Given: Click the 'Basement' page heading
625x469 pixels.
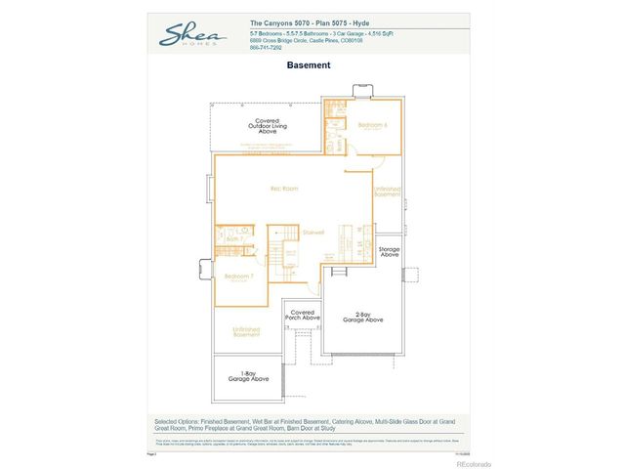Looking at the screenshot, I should coord(309,65).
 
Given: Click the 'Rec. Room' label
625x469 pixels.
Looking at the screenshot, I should coord(284,188).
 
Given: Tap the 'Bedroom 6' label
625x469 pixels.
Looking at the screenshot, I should coord(372,126).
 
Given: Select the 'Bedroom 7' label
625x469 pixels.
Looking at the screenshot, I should coord(238,277).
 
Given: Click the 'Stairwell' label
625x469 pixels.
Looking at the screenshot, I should coord(313,232).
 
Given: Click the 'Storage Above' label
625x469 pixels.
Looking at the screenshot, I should coord(389,251).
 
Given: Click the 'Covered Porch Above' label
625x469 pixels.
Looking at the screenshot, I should coord(302,315).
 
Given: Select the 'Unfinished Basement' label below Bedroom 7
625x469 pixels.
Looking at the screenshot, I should coord(245,332).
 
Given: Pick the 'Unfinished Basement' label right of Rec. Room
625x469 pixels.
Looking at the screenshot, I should coord(388,192).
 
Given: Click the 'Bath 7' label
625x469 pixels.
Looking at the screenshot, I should coord(234,237).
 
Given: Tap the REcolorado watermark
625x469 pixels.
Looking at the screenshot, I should coord(474,463).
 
